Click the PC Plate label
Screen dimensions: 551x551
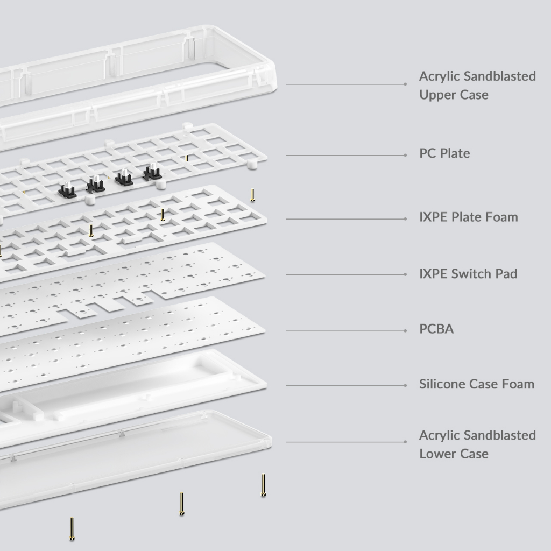click(444, 153)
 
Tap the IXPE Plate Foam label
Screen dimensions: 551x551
click(469, 217)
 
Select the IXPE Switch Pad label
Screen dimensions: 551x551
click(468, 274)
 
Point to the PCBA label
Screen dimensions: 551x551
click(436, 329)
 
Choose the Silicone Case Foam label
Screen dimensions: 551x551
click(477, 384)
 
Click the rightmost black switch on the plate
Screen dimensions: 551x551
click(152, 172)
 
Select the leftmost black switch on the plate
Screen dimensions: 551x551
click(67, 190)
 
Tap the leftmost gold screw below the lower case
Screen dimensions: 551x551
click(72, 529)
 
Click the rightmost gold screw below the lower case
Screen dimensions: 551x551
click(263, 485)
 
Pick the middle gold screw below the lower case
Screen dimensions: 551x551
click(182, 504)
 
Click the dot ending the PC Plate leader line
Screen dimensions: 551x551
click(405, 155)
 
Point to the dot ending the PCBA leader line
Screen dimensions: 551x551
click(405, 331)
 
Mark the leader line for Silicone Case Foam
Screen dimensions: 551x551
click(346, 385)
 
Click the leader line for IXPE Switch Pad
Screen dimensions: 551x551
click(346, 274)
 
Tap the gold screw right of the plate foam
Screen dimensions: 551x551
click(252, 195)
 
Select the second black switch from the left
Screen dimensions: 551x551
click(96, 184)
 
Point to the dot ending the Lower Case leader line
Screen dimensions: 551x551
click(405, 442)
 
